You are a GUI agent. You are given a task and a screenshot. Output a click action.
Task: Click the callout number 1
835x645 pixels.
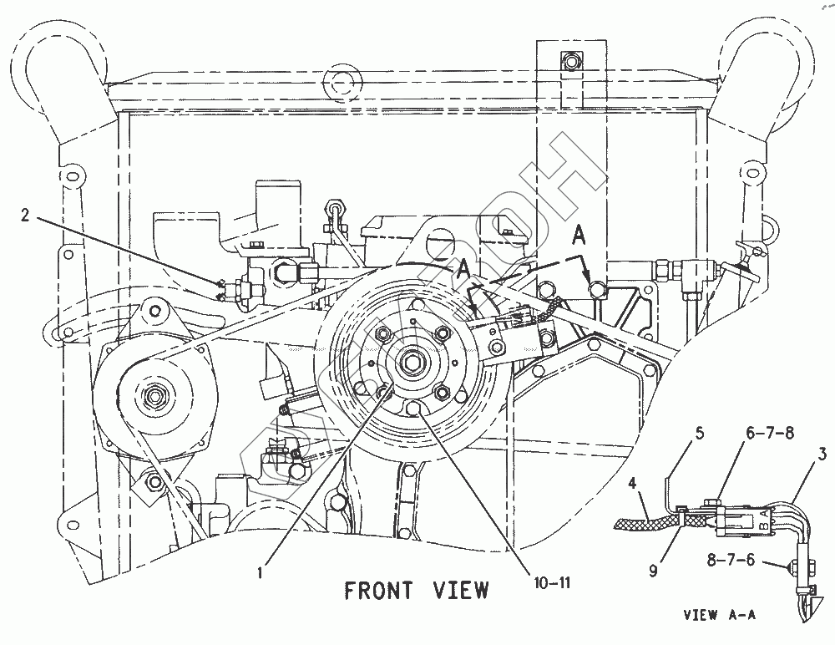(x=261, y=572)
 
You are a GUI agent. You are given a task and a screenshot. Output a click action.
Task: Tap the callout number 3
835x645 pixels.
(x=822, y=455)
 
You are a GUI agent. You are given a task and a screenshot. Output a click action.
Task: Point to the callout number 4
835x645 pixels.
(x=634, y=482)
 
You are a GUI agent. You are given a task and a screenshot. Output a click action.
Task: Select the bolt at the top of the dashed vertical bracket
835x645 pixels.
(x=570, y=62)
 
